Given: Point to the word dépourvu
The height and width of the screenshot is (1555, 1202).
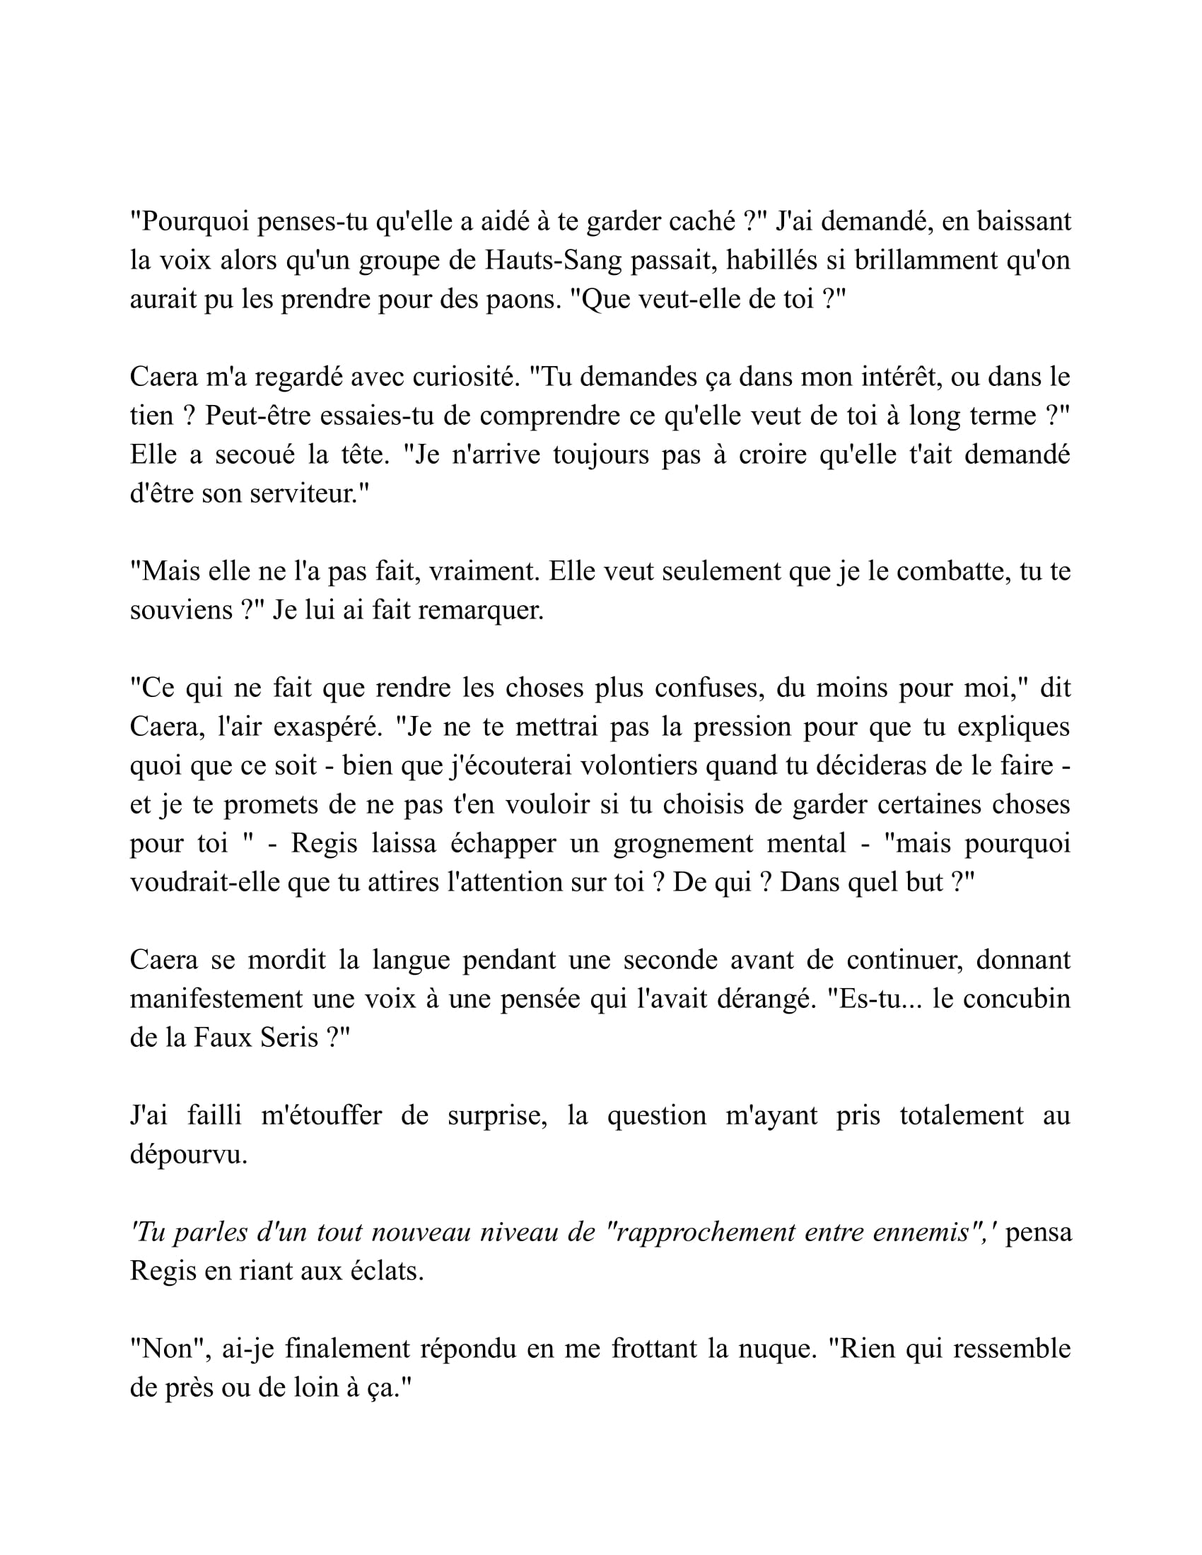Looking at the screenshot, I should pos(189,1155).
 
